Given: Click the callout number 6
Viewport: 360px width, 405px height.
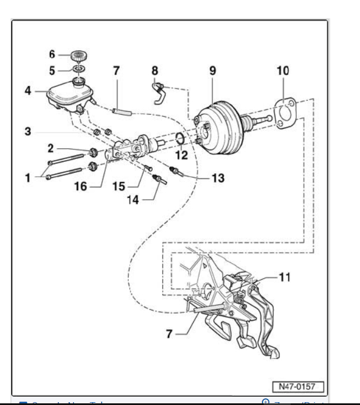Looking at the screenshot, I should [53, 55].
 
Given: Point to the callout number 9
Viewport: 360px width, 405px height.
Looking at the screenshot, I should [212, 71].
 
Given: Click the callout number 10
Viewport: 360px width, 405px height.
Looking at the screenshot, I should [283, 71].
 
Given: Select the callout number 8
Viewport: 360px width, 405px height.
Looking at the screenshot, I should [155, 71].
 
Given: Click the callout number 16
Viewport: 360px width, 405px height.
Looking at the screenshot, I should [82, 186].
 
